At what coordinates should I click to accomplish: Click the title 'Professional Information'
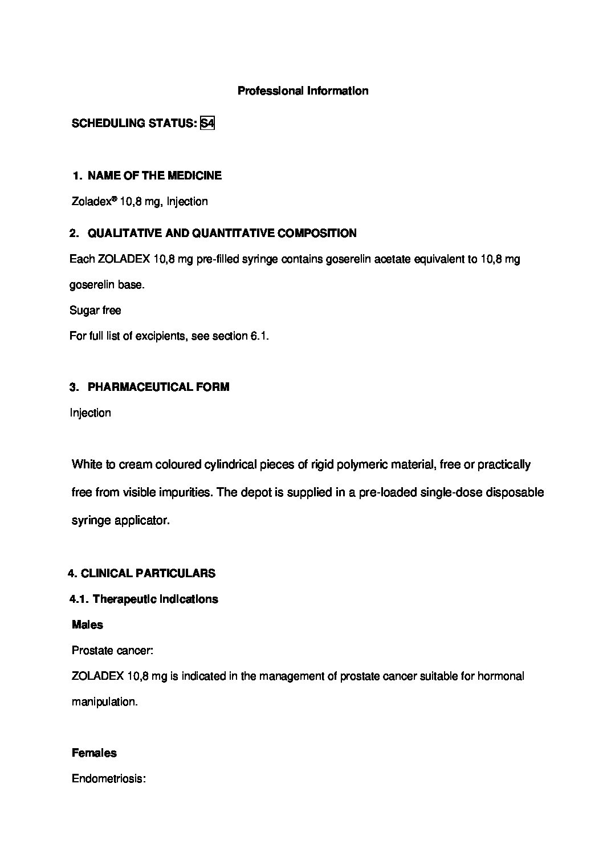click(x=302, y=91)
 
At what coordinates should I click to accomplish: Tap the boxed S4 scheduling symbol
click(x=207, y=124)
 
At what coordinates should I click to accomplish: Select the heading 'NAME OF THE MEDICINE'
click(x=155, y=176)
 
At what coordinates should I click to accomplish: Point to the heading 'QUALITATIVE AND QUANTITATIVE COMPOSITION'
click(x=222, y=233)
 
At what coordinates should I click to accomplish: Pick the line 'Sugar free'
click(x=95, y=311)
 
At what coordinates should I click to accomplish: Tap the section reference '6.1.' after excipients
click(x=259, y=336)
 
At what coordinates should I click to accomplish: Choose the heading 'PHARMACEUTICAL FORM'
click(x=158, y=387)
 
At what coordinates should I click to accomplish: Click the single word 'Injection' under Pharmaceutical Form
click(x=90, y=413)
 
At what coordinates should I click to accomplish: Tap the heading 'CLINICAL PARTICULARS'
click(x=148, y=574)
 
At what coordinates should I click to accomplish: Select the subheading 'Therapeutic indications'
click(x=155, y=599)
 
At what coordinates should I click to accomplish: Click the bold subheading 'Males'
click(x=87, y=625)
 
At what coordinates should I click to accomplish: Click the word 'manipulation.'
click(x=104, y=702)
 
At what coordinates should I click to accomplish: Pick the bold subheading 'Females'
click(x=94, y=753)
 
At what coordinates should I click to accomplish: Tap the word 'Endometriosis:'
click(x=109, y=779)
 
